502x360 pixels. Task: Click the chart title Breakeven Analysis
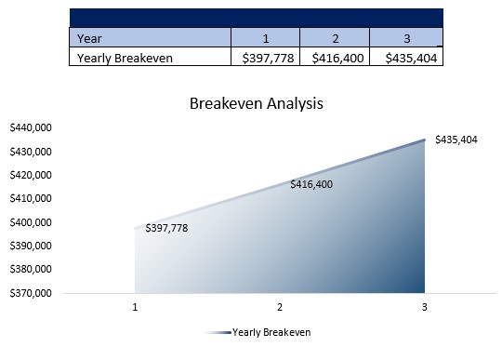point(256,103)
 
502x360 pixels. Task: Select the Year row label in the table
point(90,38)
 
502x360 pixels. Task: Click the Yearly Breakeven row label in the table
point(125,58)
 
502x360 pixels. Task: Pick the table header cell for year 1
point(265,38)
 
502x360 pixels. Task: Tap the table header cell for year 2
point(334,38)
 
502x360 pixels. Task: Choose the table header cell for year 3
point(405,38)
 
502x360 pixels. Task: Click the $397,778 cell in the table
point(265,58)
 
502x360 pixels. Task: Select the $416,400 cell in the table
point(335,58)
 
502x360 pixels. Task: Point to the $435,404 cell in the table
point(405,58)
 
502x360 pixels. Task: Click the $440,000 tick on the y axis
point(30,128)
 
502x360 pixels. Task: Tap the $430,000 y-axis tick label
point(30,152)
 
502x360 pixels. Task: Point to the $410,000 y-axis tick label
point(30,199)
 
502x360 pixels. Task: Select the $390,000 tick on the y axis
point(30,247)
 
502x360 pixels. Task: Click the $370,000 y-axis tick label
point(30,293)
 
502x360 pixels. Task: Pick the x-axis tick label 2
point(280,306)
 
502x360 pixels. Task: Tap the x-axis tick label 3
point(424,306)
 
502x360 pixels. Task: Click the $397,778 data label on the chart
point(166,228)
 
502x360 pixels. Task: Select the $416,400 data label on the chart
point(311,184)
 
